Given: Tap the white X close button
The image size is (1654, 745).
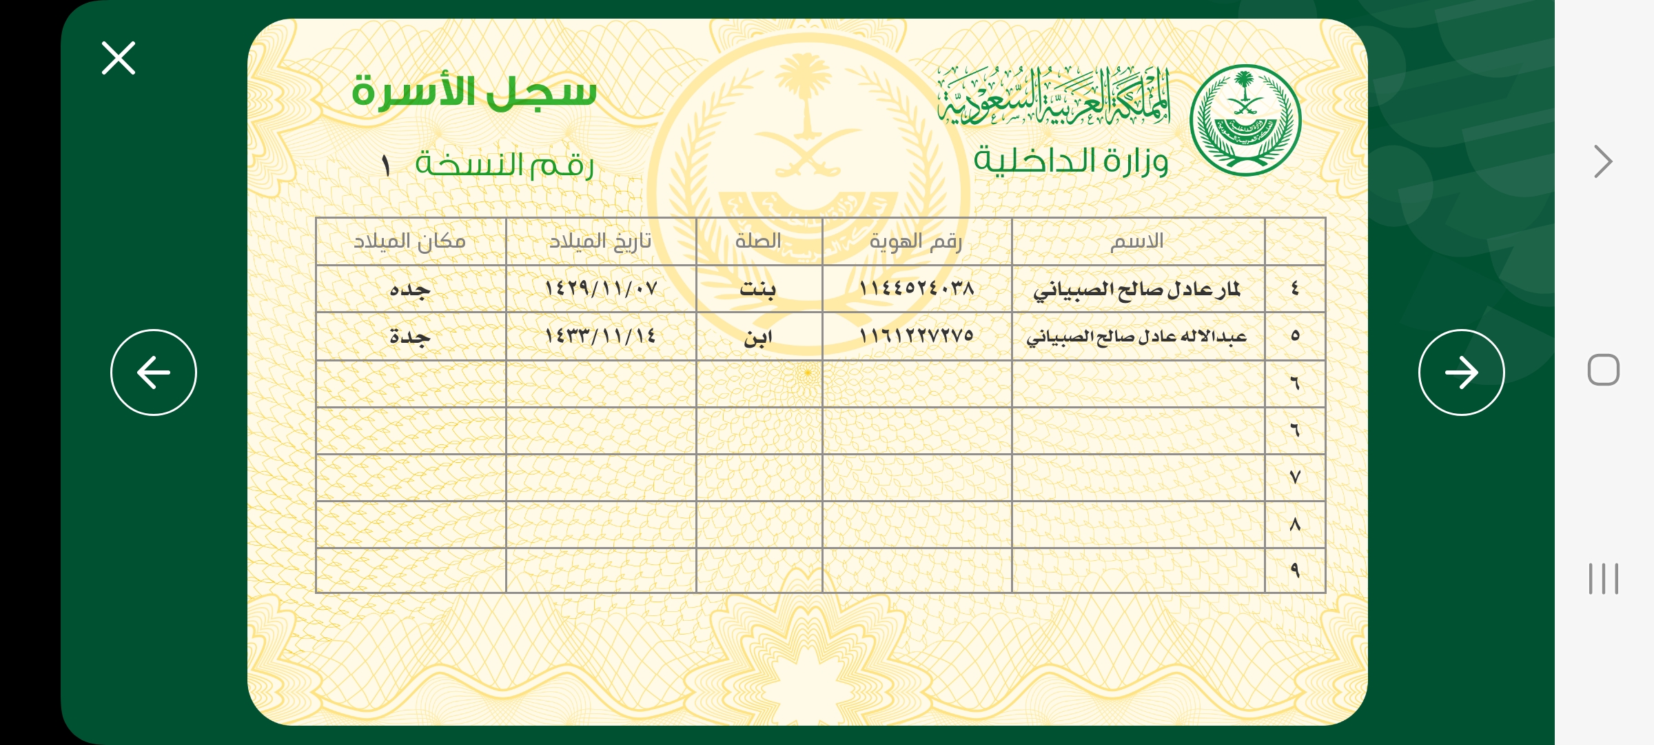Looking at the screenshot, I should [119, 58].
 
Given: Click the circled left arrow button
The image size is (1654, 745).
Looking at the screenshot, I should [154, 372].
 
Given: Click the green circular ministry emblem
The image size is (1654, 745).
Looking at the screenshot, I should [1245, 121].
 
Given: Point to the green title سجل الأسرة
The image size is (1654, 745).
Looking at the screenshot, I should [474, 92].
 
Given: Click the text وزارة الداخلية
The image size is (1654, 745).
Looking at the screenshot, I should [1071, 161].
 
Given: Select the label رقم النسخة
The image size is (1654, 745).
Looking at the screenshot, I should [504, 165].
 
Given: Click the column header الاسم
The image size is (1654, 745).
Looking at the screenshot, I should [1137, 241].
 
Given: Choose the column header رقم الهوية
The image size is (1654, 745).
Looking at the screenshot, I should [916, 241].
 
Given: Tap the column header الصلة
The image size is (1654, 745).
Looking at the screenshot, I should [758, 241].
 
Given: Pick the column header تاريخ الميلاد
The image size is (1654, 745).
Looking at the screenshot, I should [600, 241].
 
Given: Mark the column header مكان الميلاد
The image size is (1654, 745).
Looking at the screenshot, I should [410, 241].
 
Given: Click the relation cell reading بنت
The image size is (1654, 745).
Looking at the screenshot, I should [758, 288].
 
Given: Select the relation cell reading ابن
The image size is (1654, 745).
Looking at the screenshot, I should [758, 337].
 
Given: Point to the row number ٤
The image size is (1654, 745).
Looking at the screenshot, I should [1295, 288].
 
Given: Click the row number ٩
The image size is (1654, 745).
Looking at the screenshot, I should [1295, 570].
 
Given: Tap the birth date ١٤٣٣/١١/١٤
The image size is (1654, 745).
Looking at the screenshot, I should [600, 337].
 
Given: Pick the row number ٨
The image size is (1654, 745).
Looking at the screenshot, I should [1295, 525].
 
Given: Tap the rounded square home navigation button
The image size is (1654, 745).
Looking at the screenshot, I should [1604, 370].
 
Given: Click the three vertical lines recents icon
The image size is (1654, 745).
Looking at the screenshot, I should [1604, 579].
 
